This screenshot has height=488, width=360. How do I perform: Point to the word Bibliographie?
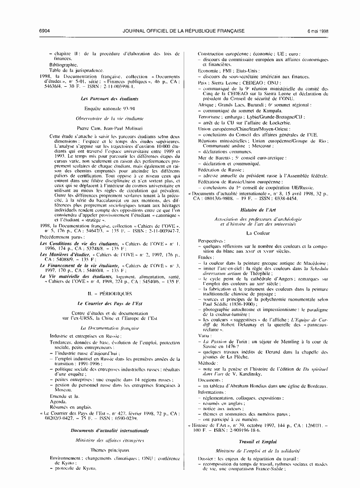[64, 65]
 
